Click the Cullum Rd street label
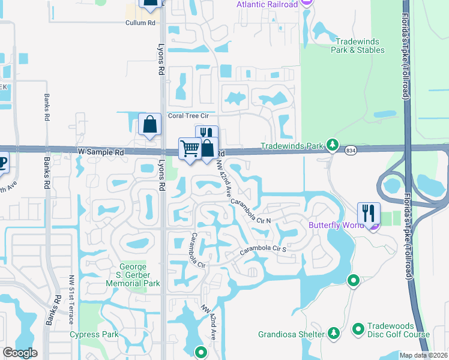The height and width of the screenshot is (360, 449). tap(140, 23)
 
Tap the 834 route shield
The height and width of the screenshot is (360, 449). tap(351, 152)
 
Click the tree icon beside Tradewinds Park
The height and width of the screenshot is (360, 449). tap(332, 145)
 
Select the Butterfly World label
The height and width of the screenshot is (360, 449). tap(337, 226)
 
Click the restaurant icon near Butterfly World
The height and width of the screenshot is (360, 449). tap(369, 212)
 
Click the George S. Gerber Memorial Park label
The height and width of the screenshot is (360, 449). tap(139, 275)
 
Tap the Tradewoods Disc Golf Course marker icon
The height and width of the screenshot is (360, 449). tap(358, 329)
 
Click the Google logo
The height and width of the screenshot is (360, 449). tap(20, 353)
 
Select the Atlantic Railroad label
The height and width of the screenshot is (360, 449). tap(267, 5)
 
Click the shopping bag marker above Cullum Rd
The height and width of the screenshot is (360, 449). tap(150, 3)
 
